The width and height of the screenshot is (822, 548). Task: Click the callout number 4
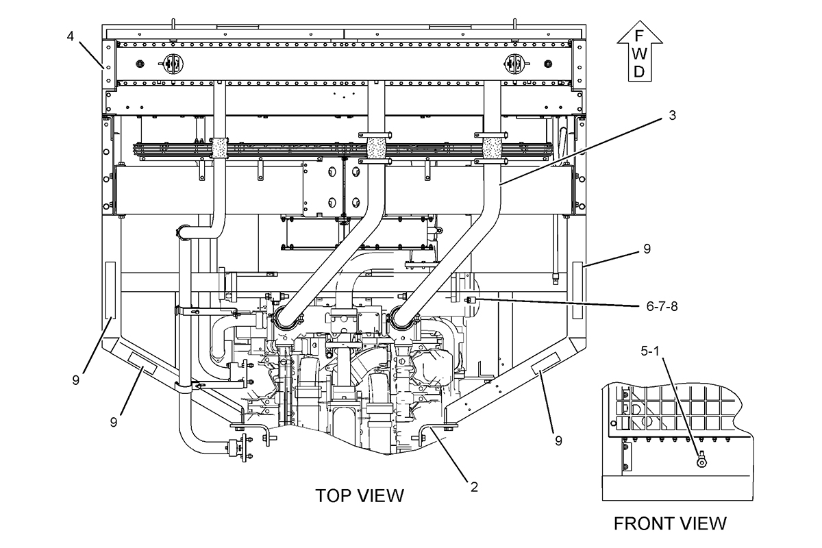[70, 36]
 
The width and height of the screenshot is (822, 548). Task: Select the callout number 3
[672, 116]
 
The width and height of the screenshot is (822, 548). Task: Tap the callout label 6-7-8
[662, 306]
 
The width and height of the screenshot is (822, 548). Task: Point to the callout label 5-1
[650, 351]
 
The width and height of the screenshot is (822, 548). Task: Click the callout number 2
[474, 487]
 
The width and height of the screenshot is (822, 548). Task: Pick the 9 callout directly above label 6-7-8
[647, 249]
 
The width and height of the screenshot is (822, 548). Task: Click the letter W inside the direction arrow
[640, 54]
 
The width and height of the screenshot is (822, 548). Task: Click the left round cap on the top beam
[173, 64]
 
